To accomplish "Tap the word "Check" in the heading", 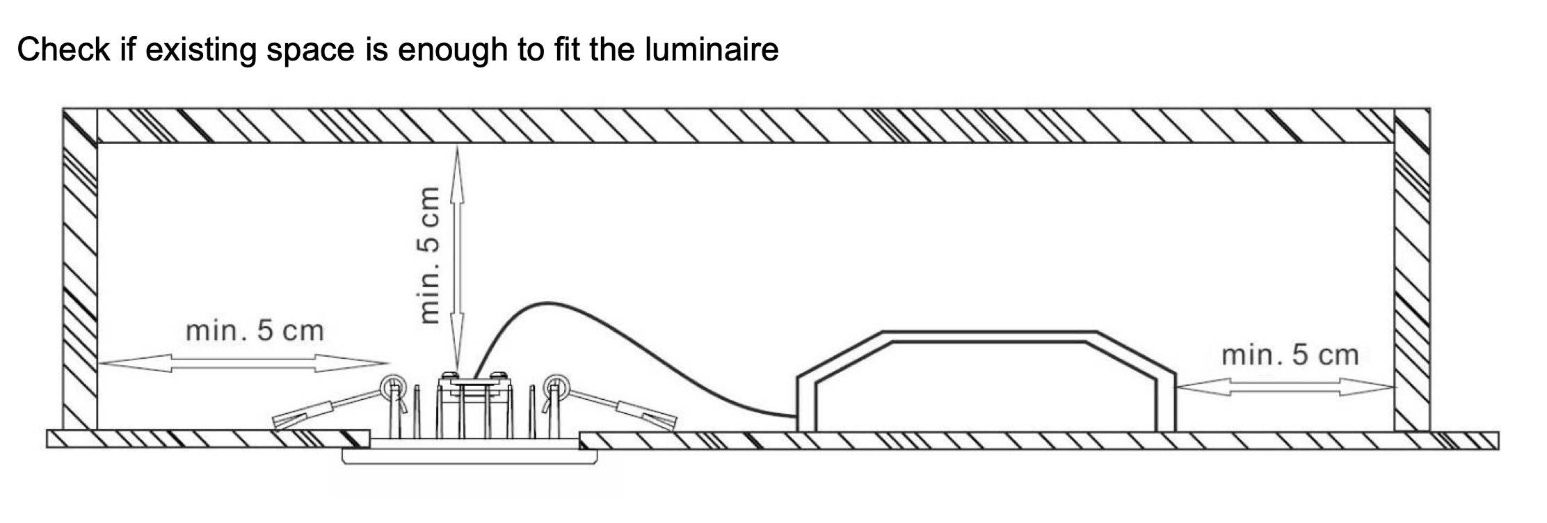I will coord(63,49).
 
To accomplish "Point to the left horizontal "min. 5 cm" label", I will coord(255,331).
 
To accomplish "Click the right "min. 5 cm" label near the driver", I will coord(1290,355).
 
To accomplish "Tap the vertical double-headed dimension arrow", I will coord(457,257).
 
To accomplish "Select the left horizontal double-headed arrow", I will coord(243,362).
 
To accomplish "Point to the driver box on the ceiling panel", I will coord(986,383).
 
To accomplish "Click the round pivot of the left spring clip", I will coord(392,385).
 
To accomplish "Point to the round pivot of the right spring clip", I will coord(556,385).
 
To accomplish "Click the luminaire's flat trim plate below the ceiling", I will coord(470,456).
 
